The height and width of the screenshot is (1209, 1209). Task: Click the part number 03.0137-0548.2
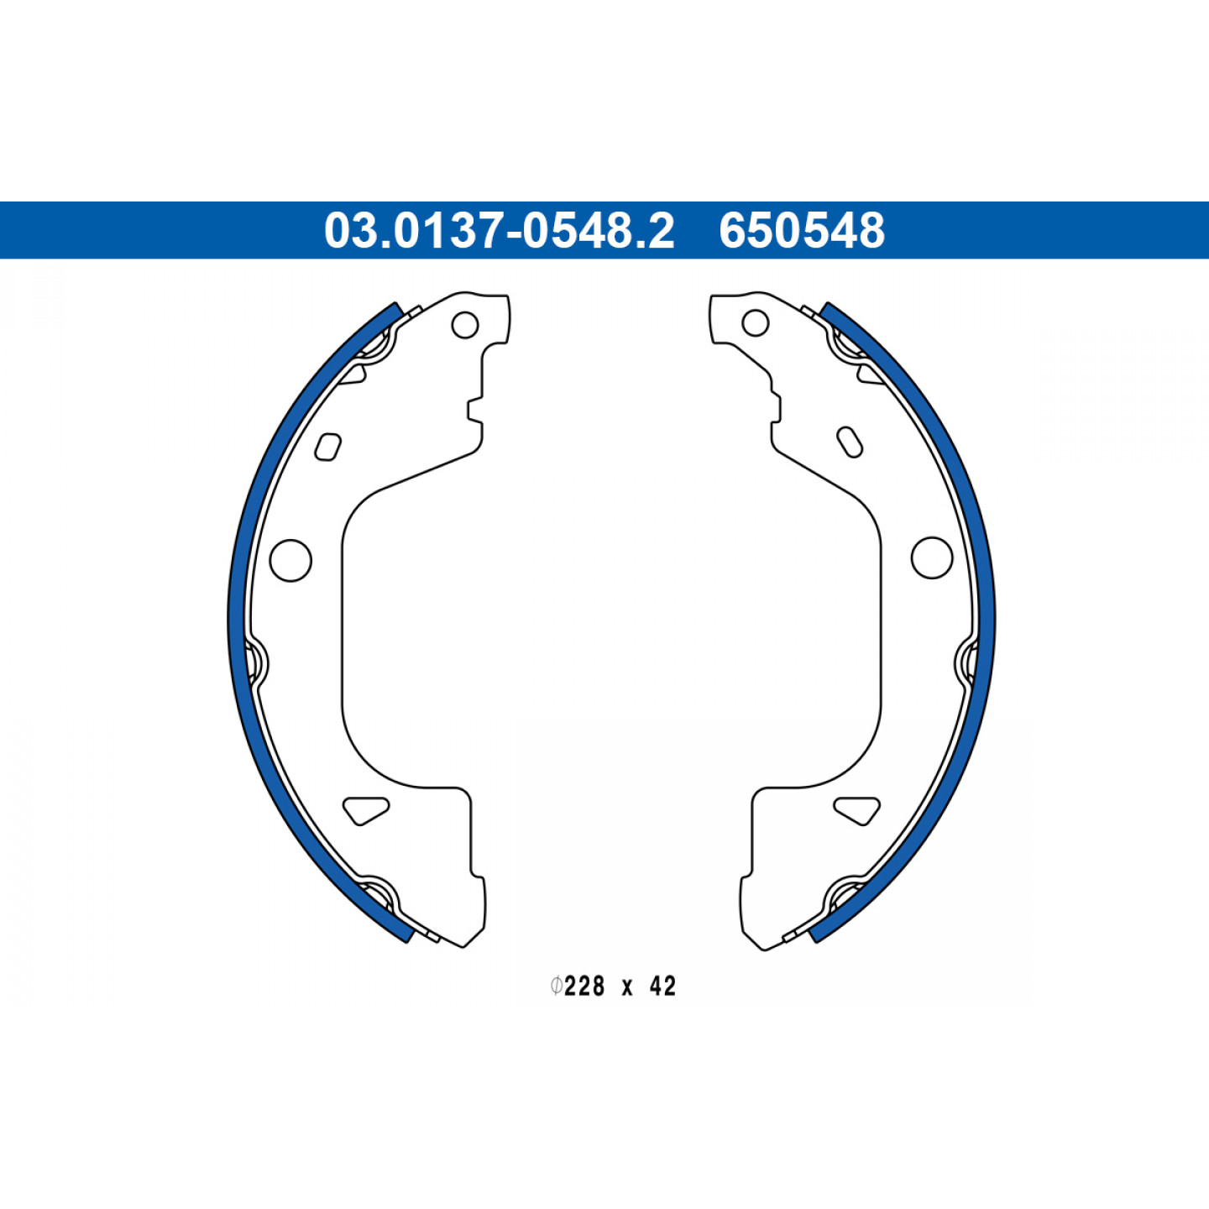coord(499,230)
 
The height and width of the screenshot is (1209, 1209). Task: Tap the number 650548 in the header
coord(802,230)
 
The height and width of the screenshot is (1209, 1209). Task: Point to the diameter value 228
coord(584,987)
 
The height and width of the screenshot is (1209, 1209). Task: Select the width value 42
coord(662,987)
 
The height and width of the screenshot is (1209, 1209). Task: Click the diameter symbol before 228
coord(556,987)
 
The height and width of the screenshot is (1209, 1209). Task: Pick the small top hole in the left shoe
coord(465,325)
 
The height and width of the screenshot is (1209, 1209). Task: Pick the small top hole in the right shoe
coord(756,323)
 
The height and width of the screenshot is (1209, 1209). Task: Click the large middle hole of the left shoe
coord(290,560)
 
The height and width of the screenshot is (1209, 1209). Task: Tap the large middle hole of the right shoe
coord(932,557)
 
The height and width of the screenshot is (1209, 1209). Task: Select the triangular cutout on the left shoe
coord(364,809)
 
